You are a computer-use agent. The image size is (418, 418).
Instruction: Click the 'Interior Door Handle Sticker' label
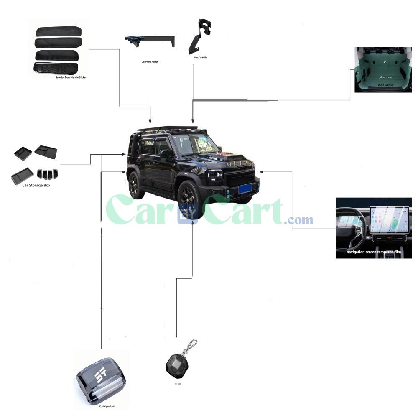tap(71, 78)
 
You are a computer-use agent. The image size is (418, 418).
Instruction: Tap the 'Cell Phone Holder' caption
tap(150, 62)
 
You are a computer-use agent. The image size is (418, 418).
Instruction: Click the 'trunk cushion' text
tap(385, 85)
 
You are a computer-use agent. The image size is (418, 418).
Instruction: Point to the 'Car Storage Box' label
tap(36, 185)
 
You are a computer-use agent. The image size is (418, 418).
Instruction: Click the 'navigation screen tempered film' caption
tap(374, 252)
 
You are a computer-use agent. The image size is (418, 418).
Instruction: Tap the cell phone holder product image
tap(149, 41)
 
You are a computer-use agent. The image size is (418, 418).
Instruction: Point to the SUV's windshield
tap(194, 144)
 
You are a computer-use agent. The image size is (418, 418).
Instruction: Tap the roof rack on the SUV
tap(167, 128)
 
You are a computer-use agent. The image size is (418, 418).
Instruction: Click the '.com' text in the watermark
tap(298, 219)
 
